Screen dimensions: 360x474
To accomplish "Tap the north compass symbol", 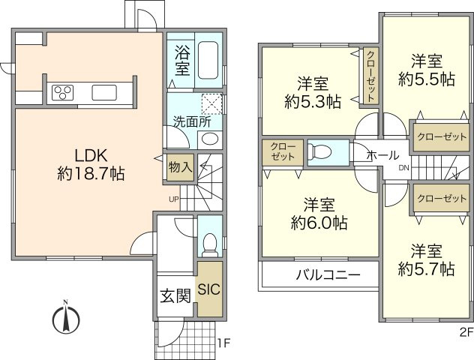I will point(66,318).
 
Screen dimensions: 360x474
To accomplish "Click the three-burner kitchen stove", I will point(62,93).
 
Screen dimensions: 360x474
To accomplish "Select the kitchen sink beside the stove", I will point(104,93).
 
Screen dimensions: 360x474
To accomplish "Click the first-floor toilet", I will point(210,243).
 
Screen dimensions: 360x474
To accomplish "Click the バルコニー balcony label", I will point(326,274).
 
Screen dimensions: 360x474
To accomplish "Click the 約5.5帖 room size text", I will point(425,78).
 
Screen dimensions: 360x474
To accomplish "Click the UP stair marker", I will point(173,199).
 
